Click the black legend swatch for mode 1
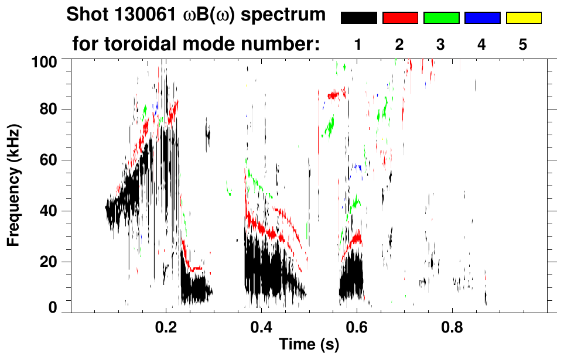[x=358, y=18]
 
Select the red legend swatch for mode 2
[x=400, y=18]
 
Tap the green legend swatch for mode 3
[x=441, y=18]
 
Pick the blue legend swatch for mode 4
[x=482, y=18]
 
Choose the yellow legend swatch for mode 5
[x=524, y=18]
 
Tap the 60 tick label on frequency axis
[x=48, y=160]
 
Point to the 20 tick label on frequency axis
[x=48, y=262]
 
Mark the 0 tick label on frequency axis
[x=52, y=307]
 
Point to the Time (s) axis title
[x=308, y=345]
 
